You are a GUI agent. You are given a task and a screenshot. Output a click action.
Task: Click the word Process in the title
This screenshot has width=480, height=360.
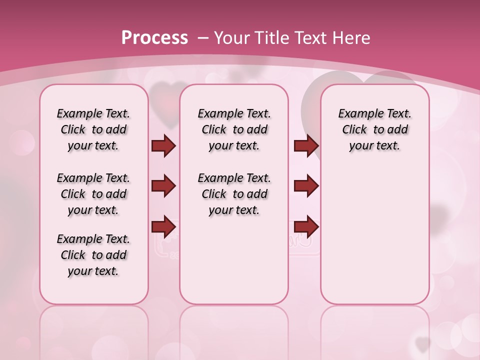pos(154,38)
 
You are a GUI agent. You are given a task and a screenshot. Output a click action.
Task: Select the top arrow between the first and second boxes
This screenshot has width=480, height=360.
pos(163,145)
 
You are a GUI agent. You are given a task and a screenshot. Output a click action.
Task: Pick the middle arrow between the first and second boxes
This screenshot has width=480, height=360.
pos(163,186)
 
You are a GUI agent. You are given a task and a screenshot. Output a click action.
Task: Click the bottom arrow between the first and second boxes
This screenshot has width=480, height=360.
pos(163,226)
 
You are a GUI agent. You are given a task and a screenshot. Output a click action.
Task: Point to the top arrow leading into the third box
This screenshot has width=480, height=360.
pos(306,145)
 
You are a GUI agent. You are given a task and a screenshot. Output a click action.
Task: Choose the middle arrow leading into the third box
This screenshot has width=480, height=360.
pos(306,186)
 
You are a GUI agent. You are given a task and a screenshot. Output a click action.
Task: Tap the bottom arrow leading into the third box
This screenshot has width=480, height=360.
pos(306,226)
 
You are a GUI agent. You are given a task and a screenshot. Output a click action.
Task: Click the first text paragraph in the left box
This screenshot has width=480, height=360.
pos(93,129)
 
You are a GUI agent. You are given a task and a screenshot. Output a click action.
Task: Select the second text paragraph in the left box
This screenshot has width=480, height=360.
pos(93,194)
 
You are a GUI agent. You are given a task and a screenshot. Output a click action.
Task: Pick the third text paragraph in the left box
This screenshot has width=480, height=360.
pos(93,255)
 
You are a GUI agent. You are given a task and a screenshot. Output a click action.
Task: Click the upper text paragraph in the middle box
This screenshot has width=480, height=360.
pos(234,129)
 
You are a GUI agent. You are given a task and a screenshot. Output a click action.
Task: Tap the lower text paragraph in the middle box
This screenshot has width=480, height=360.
pos(234,194)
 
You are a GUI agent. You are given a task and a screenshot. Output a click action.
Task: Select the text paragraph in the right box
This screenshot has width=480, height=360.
pos(374,129)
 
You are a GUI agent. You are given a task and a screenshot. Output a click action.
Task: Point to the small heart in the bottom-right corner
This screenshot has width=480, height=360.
pos(423,344)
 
